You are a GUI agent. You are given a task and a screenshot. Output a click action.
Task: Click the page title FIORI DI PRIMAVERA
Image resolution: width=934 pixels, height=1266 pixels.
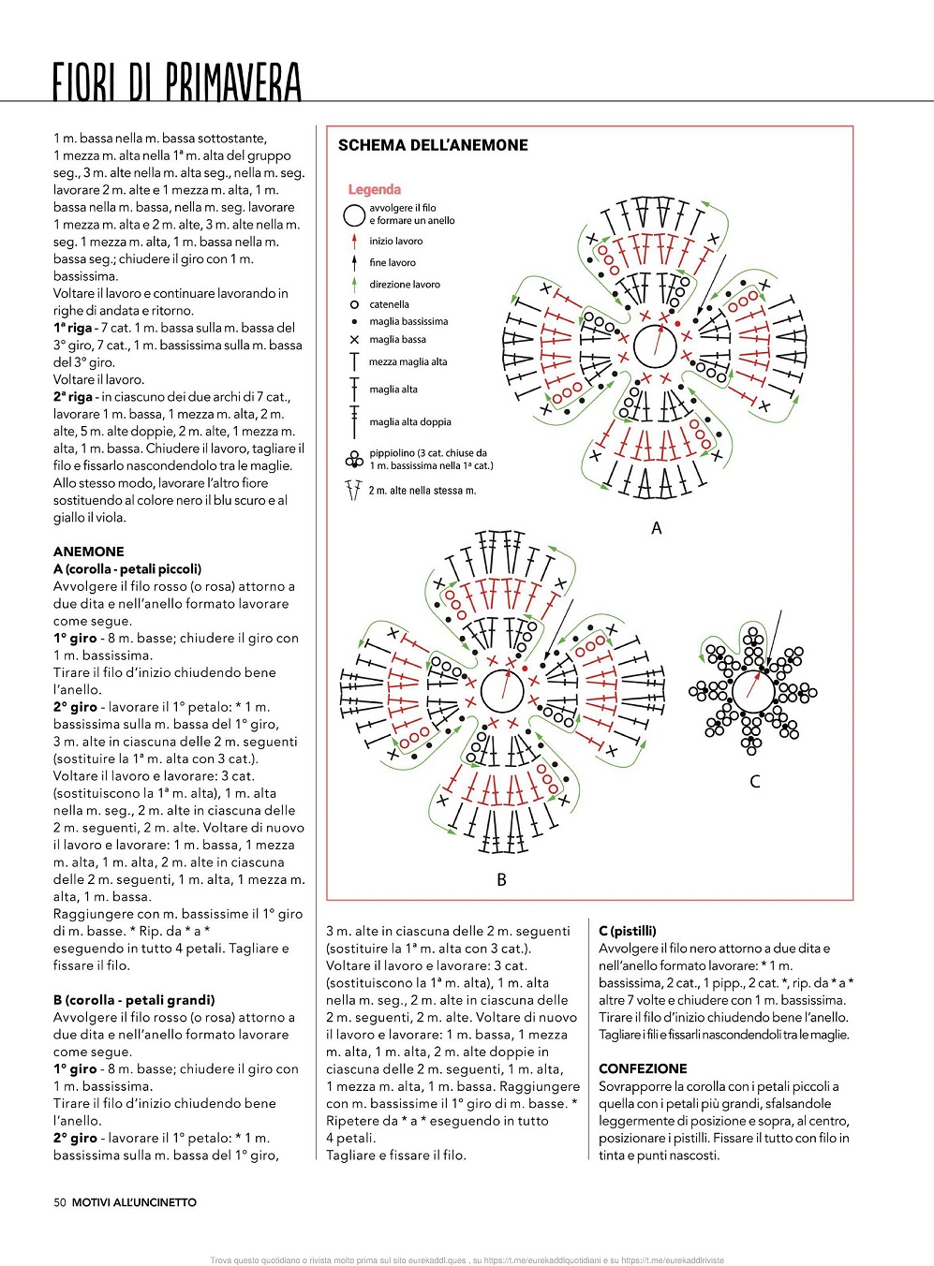coord(177,81)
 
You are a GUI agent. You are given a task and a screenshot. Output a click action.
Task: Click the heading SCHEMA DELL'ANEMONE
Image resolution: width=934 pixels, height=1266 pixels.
coord(433,145)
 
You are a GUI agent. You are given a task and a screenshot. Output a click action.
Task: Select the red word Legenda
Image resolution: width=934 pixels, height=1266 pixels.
coord(374,189)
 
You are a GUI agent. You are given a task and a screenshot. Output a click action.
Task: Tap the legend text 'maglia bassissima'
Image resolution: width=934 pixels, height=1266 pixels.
coord(408,321)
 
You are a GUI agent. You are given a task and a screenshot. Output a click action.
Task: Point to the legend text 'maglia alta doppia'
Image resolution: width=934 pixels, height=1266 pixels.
coord(409,421)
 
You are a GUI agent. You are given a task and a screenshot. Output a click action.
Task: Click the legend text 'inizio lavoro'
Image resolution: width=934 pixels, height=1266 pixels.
coord(395,241)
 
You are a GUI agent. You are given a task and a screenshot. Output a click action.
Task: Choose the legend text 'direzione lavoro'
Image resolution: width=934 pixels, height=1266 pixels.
coord(404,284)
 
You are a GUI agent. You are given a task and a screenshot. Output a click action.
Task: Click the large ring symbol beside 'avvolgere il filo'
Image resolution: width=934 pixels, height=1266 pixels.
coord(354,215)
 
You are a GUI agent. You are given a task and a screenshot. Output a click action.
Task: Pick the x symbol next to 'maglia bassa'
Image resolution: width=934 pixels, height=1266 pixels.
coord(354,340)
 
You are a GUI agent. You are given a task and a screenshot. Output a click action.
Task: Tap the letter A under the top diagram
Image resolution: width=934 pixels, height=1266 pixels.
coord(656,528)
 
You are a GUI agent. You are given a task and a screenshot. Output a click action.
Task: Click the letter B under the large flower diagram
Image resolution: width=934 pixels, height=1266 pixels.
coord(501,879)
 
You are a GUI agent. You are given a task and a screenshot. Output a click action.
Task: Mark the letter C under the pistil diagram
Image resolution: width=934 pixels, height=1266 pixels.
coord(754,781)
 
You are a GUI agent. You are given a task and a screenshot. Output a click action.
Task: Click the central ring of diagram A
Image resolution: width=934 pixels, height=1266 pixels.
coord(655,346)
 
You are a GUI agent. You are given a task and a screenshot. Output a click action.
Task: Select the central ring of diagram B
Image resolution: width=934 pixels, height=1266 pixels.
coord(502,691)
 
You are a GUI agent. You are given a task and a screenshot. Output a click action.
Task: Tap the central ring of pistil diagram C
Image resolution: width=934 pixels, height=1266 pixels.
coord(752,692)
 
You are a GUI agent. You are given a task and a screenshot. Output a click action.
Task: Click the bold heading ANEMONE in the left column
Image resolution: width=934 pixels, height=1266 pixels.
coord(89,552)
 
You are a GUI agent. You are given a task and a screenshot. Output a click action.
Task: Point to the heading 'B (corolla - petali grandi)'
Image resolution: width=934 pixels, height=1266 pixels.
coord(134,1000)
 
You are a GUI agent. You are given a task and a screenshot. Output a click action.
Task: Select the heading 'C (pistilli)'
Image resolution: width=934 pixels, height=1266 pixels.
coord(628,931)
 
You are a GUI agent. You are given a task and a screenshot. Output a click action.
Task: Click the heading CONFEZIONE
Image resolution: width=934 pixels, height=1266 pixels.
coord(643,1068)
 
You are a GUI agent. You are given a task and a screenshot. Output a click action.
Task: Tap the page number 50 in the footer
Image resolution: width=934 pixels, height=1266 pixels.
coord(60,1202)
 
